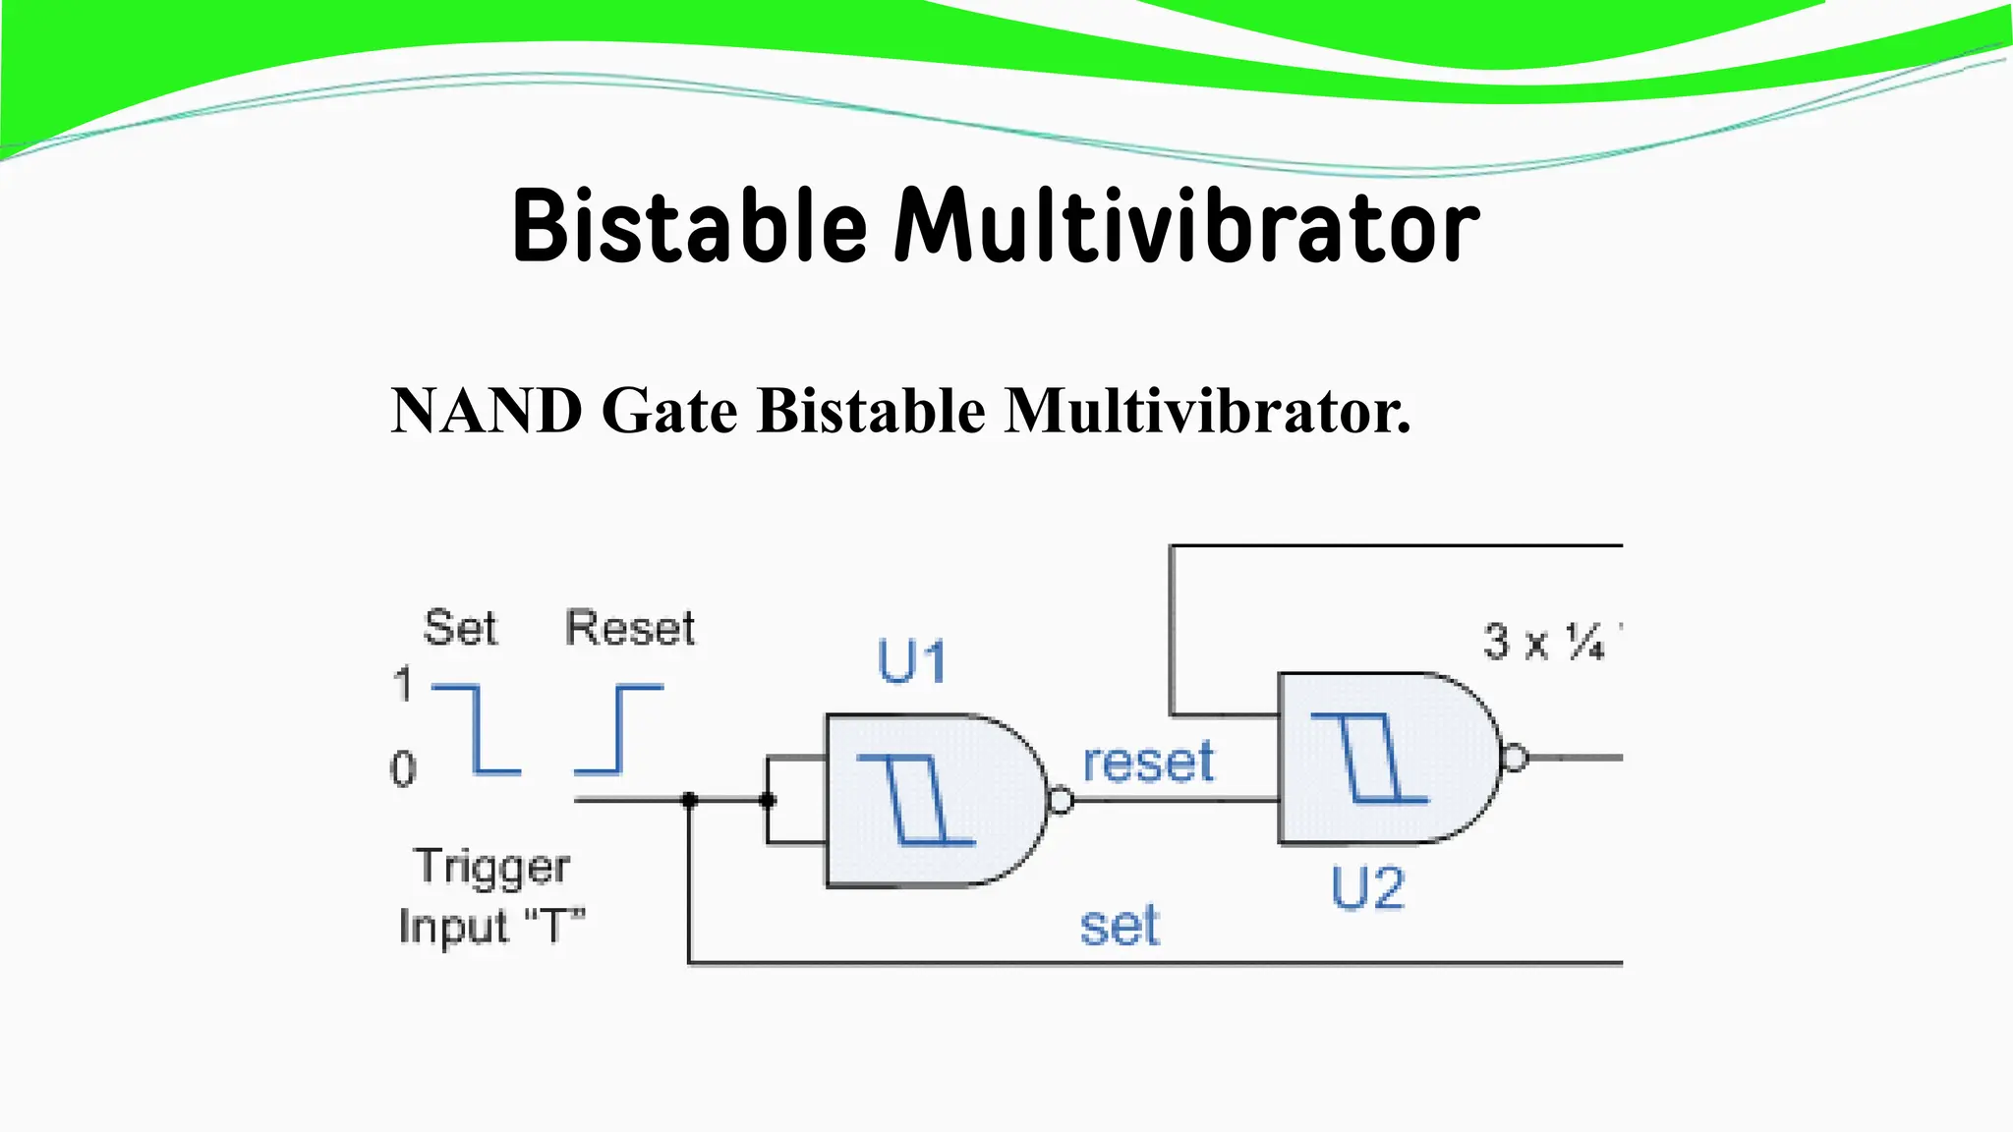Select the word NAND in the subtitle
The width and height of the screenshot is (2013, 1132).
[487, 411]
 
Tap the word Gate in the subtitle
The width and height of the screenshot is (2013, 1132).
[669, 411]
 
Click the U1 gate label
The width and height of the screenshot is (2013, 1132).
[911, 661]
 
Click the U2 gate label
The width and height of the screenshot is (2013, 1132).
[1367, 888]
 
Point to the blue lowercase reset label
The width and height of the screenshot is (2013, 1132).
[1148, 763]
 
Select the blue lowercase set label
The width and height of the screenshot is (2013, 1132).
[1120, 927]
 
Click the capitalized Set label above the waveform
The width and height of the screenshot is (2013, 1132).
[460, 628]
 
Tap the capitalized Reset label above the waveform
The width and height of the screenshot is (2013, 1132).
[630, 628]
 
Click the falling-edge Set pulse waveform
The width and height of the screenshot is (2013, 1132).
[477, 729]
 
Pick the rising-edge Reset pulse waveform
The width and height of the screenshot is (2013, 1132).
[619, 729]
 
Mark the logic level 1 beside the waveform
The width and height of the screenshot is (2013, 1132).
[403, 684]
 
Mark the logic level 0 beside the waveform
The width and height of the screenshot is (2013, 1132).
[403, 768]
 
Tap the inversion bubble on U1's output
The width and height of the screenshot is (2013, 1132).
[1061, 801]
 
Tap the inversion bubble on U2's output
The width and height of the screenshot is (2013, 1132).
[1515, 758]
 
